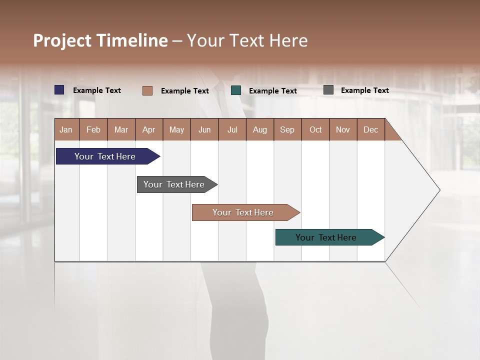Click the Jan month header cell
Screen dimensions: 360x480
pyautogui.click(x=66, y=129)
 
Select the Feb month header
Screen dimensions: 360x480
pyautogui.click(x=93, y=129)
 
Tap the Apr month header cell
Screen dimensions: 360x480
pyautogui.click(x=149, y=129)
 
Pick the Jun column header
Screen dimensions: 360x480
pyautogui.click(x=204, y=129)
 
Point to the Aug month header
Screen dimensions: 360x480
pyautogui.click(x=260, y=129)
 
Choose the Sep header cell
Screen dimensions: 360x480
pyautogui.click(x=287, y=129)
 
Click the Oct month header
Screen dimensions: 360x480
pyautogui.click(x=315, y=129)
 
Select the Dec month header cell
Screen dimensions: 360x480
pyautogui.click(x=371, y=129)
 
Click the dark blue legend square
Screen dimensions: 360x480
pyautogui.click(x=59, y=90)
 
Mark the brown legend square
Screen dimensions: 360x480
pyautogui.click(x=147, y=90)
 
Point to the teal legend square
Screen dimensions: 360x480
pyautogui.click(x=236, y=90)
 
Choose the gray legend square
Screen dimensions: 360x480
pyautogui.click(x=328, y=90)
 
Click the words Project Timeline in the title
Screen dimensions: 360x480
pyautogui.click(x=100, y=40)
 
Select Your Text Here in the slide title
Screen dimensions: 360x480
pyautogui.click(x=247, y=40)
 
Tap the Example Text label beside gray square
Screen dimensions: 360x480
pyautogui.click(x=364, y=90)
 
